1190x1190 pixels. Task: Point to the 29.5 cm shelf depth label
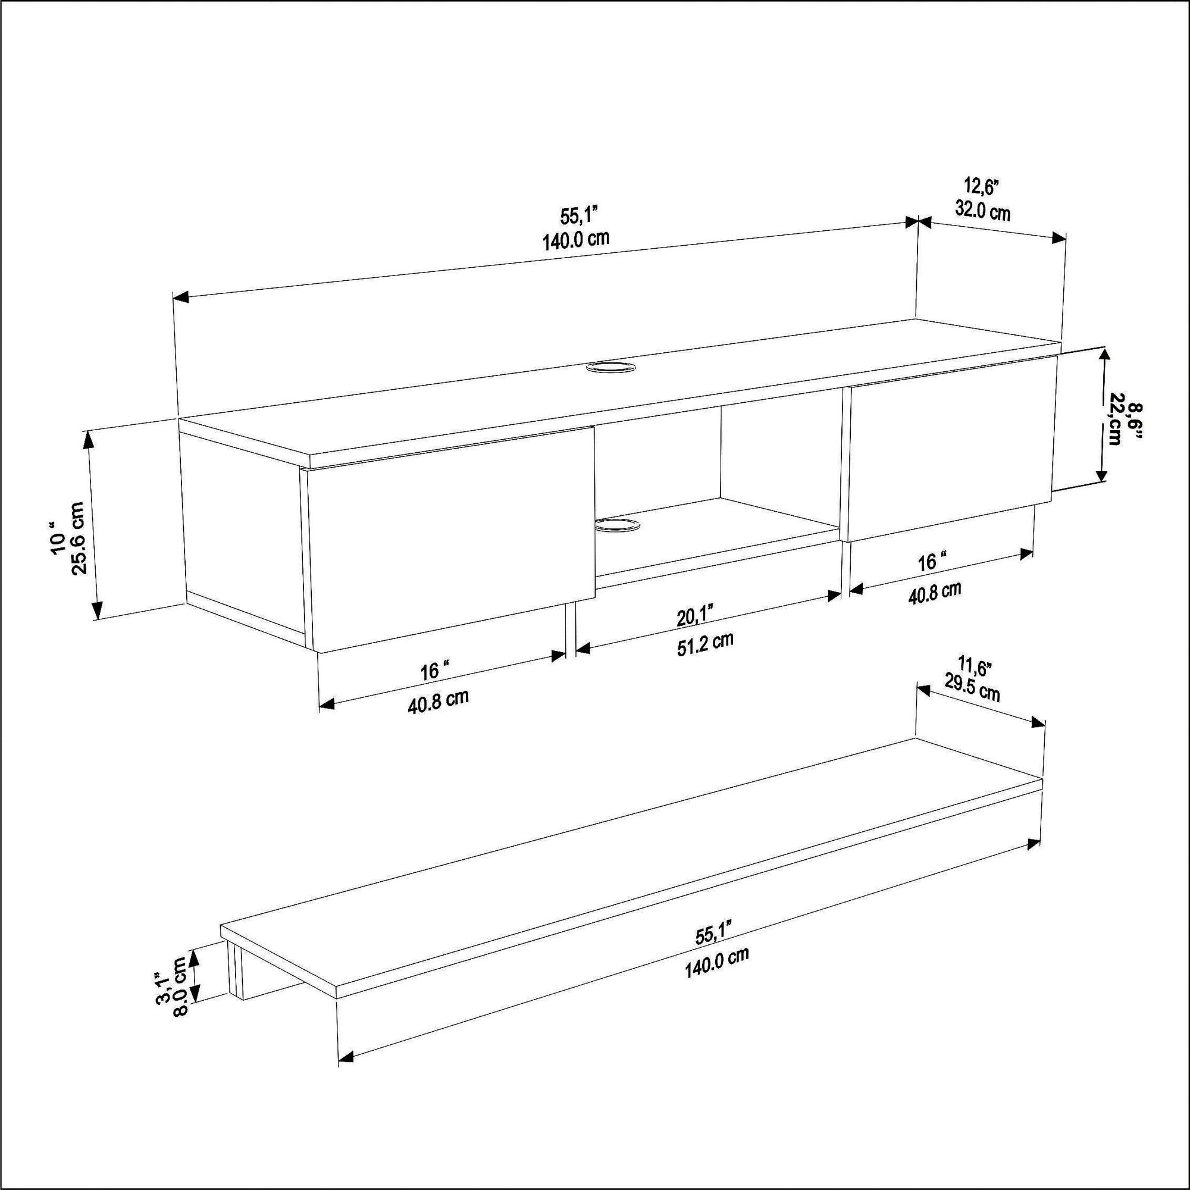pyautogui.click(x=973, y=690)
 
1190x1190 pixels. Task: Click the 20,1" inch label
pyautogui.click(x=695, y=614)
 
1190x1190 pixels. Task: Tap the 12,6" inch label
pyautogui.click(x=981, y=186)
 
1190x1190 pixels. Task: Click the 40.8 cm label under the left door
pyautogui.click(x=439, y=702)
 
